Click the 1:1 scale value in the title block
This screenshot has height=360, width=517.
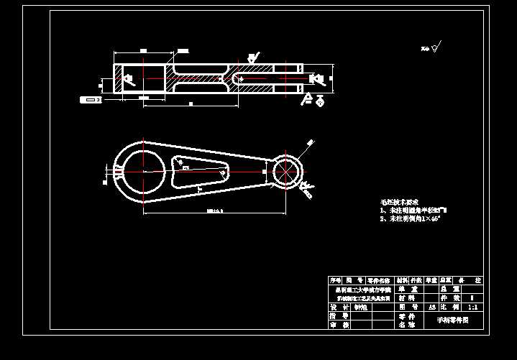coord(472,307)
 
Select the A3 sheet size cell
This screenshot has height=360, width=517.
coord(431,307)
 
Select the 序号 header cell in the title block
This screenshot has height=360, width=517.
coord(336,280)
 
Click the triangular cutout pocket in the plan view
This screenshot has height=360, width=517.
coord(200,173)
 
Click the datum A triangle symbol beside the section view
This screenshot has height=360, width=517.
coord(308,98)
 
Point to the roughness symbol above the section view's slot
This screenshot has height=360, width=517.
coord(252,57)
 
